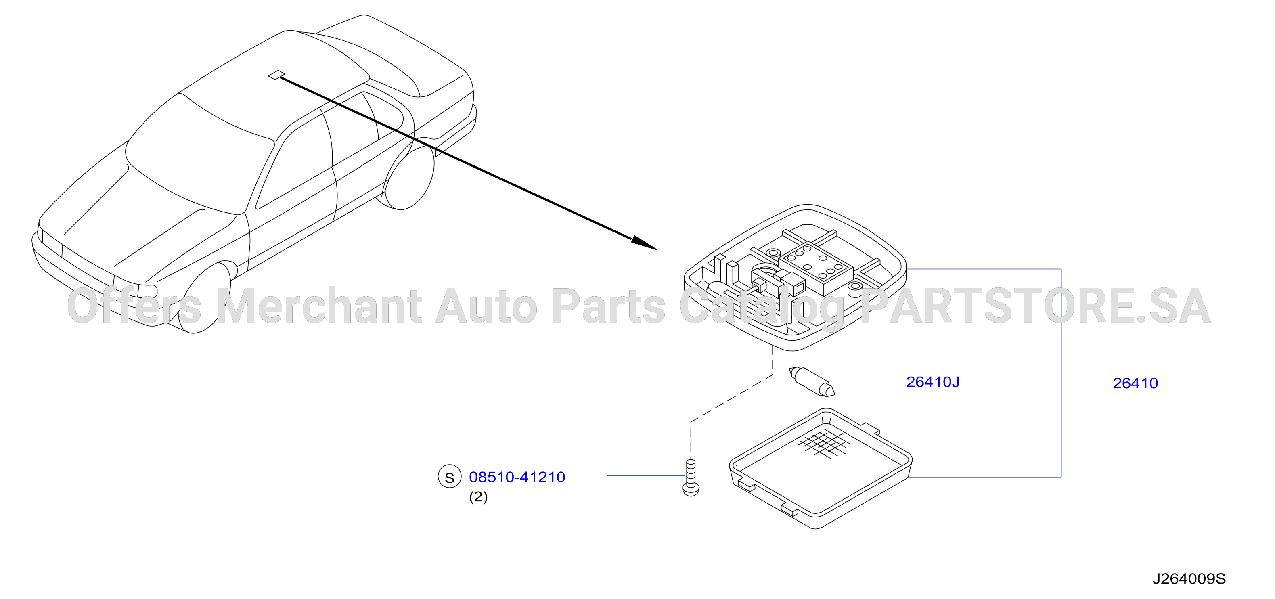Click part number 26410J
point(932,382)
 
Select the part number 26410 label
point(1135,383)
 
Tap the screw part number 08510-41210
point(517,477)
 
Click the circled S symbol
point(449,477)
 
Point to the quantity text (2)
point(478,496)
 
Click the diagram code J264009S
point(1189,579)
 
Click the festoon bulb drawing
point(812,381)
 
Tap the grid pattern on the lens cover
point(823,444)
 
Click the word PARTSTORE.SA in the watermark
point(1036,306)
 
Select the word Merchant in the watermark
point(319,306)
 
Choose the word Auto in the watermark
point(486,306)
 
